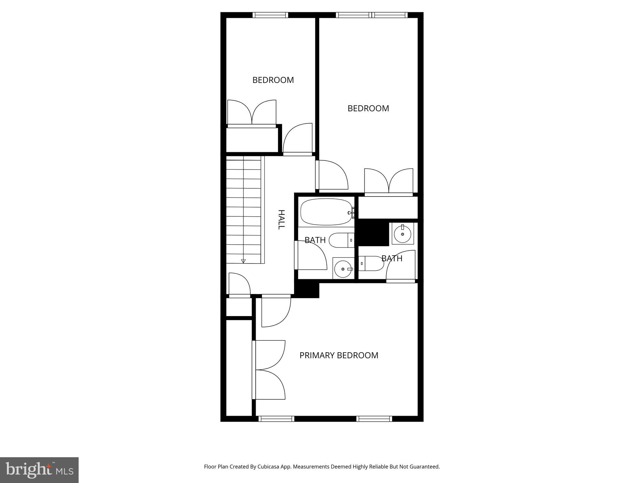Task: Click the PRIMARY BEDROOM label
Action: (x=339, y=355)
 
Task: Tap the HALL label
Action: (x=281, y=219)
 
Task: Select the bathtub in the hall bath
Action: (x=326, y=212)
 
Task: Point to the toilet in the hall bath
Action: (x=341, y=241)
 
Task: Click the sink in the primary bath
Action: (x=402, y=234)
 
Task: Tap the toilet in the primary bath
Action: (x=371, y=264)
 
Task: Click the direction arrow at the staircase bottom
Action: (x=243, y=261)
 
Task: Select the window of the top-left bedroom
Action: (x=270, y=15)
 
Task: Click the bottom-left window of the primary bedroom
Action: (x=276, y=419)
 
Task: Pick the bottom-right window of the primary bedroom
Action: (x=374, y=419)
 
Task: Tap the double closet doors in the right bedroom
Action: (x=389, y=181)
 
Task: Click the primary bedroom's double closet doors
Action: (x=269, y=370)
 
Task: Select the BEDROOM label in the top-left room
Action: (x=273, y=80)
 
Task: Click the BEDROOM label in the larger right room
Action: (x=368, y=108)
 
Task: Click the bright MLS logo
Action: (x=39, y=470)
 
